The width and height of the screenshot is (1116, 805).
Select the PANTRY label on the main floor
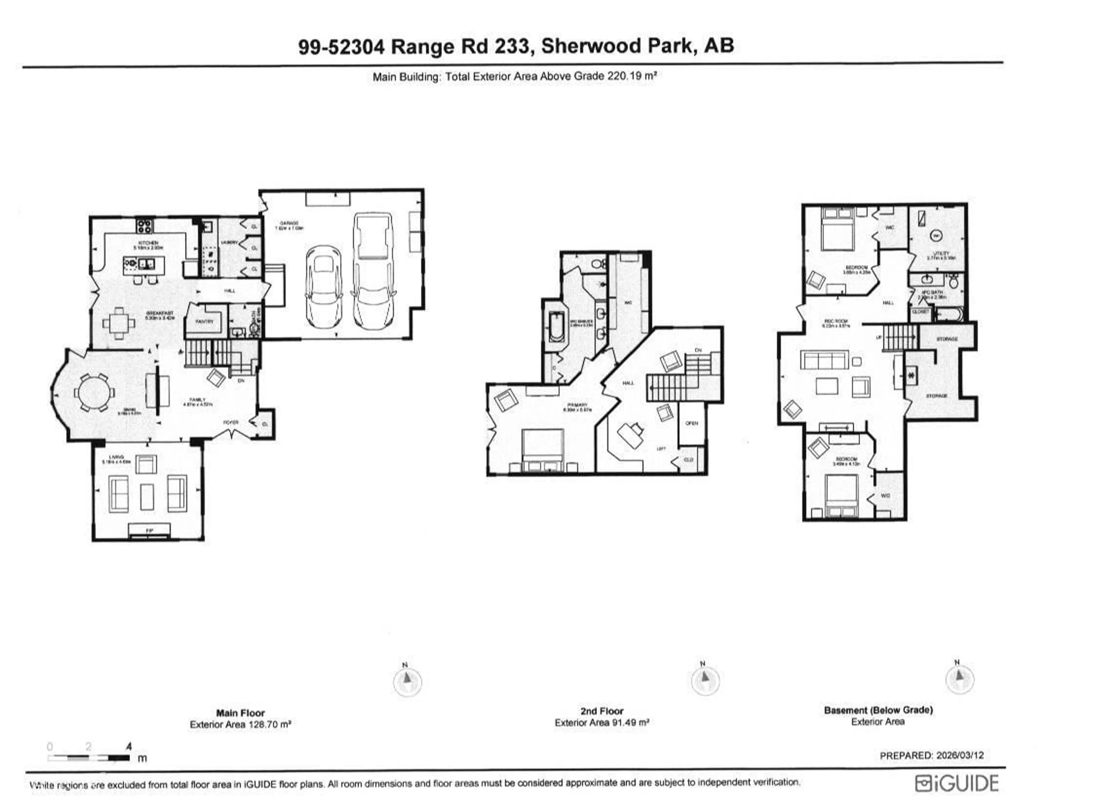tap(205, 322)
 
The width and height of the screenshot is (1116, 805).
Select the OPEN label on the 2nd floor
tap(691, 423)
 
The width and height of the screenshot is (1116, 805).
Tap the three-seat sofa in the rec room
tap(824, 360)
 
